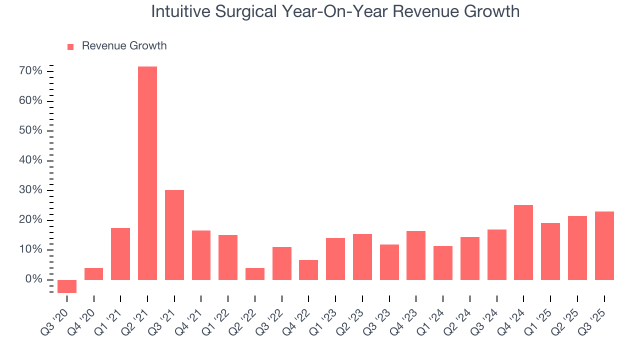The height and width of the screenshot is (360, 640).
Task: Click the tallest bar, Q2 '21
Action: pos(147,173)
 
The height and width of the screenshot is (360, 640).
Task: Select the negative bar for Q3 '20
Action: pos(66,286)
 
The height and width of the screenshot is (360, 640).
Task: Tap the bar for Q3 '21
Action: pos(174,235)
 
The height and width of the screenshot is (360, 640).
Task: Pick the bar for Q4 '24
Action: pos(523,242)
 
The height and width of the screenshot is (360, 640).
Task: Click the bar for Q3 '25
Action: pos(604,245)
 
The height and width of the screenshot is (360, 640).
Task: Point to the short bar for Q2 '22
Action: pos(255,274)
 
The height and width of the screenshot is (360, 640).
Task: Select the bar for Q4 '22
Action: pos(308,270)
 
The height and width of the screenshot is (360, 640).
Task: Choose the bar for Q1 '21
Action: pos(120,254)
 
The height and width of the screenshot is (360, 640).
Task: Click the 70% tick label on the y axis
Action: pos(30,71)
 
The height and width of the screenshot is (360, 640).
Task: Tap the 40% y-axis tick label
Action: pos(30,160)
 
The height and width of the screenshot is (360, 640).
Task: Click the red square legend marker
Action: pos(70,46)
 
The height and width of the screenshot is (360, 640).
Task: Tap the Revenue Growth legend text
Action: pos(124,46)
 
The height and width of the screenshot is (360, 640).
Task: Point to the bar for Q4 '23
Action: pos(416,255)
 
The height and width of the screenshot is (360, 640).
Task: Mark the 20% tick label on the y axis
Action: pos(30,220)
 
